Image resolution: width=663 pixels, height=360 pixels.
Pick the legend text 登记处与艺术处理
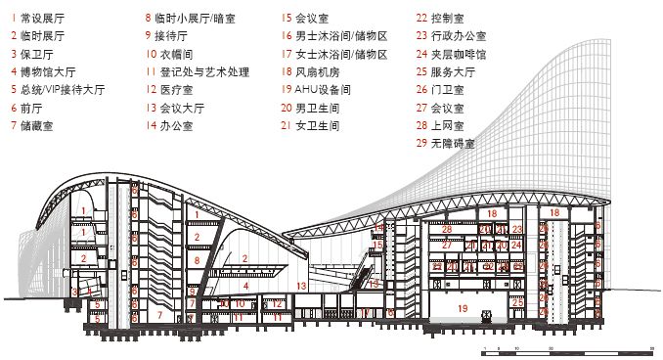203,71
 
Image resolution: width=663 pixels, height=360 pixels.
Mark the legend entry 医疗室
177,89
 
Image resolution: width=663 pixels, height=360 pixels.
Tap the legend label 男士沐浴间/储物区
341,35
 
